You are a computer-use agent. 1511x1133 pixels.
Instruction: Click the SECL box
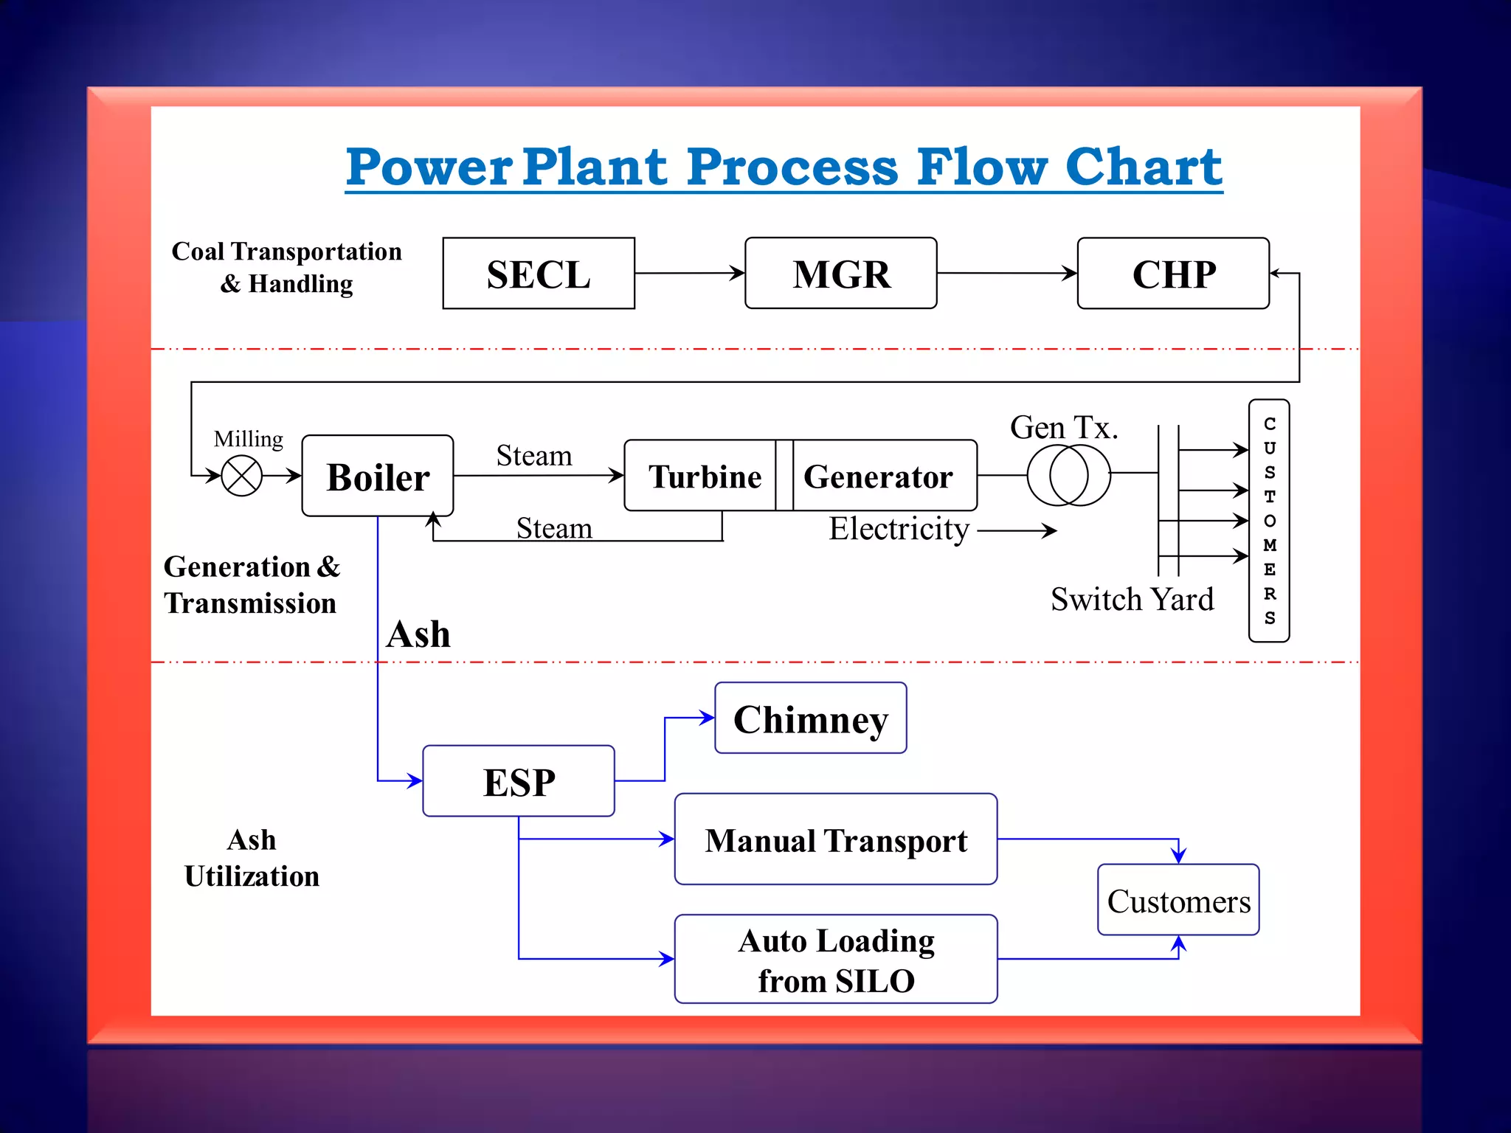point(539,274)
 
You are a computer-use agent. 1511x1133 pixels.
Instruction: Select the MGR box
point(840,274)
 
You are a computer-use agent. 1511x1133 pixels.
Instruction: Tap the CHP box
point(1173,274)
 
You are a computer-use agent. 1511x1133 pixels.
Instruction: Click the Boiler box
point(378,477)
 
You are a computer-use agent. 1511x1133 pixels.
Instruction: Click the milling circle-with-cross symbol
point(242,476)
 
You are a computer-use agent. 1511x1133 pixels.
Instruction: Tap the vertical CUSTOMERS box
point(1269,521)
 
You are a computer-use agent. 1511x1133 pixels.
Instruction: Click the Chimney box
point(810,718)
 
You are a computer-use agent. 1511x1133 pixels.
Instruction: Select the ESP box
point(519,781)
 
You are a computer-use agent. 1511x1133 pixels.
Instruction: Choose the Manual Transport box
point(835,839)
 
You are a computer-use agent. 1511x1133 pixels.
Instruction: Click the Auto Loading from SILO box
point(835,959)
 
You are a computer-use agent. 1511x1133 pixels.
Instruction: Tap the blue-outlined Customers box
point(1178,900)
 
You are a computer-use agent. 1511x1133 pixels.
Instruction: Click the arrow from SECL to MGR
point(689,273)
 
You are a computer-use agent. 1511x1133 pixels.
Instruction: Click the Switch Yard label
point(1132,599)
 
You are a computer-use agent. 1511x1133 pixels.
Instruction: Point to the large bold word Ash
point(418,634)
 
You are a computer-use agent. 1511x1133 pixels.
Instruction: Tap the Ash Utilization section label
point(252,858)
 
